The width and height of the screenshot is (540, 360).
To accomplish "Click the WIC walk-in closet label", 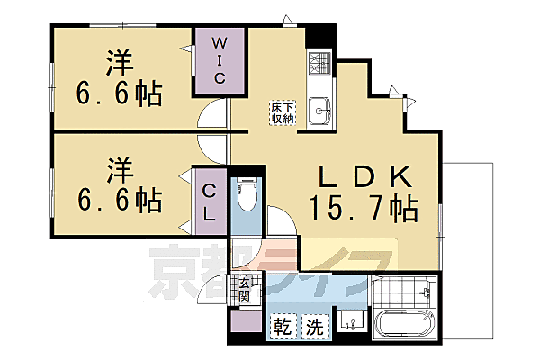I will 219,59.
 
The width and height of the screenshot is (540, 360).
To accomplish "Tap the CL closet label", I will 208,202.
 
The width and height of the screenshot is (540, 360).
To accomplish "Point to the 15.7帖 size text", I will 364,209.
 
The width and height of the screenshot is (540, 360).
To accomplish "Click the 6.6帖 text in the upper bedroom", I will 119,93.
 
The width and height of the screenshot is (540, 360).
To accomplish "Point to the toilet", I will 247,193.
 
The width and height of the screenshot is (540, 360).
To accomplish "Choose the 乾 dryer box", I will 282,324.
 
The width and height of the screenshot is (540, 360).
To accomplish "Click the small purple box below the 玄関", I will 244,322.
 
